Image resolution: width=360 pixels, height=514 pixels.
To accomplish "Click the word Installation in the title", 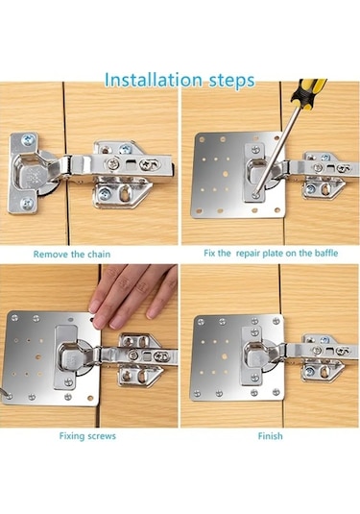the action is click(x=154, y=80).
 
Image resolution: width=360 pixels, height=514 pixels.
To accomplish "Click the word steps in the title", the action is click(x=232, y=81).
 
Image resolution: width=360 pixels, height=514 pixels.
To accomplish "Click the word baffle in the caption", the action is click(x=326, y=253).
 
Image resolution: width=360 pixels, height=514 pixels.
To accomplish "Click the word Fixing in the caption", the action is click(x=70, y=436).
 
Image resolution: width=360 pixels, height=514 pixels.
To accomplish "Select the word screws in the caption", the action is click(x=100, y=436).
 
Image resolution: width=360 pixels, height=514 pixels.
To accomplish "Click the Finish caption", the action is click(x=270, y=436).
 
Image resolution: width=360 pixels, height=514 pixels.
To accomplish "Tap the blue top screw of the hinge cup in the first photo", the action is click(x=28, y=141).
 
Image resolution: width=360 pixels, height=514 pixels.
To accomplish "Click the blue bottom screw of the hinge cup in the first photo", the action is click(x=27, y=204).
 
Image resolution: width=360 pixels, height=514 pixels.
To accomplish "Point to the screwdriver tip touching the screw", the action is click(x=254, y=194).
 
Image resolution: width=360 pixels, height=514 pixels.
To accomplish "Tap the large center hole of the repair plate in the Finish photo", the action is click(x=225, y=356).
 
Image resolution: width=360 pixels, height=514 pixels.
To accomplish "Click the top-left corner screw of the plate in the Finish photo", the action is click(x=202, y=322).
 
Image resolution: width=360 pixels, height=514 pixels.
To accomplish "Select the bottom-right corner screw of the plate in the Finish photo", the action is click(x=276, y=391).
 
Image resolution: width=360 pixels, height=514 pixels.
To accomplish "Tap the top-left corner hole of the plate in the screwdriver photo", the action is click(x=202, y=139).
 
